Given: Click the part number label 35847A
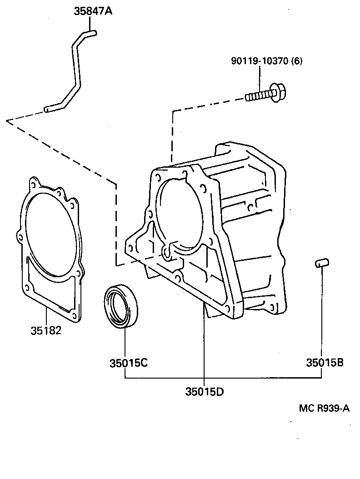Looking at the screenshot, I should click(x=93, y=11).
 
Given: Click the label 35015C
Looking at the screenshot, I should click(x=128, y=363).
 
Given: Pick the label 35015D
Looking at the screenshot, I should click(x=205, y=391).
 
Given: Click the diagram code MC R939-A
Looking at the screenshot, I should click(x=324, y=408).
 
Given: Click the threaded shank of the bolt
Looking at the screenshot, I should click(x=257, y=96).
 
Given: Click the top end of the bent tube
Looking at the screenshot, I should click(x=91, y=32).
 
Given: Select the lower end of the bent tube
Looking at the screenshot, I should click(x=49, y=109).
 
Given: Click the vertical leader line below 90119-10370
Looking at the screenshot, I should click(x=260, y=77).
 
